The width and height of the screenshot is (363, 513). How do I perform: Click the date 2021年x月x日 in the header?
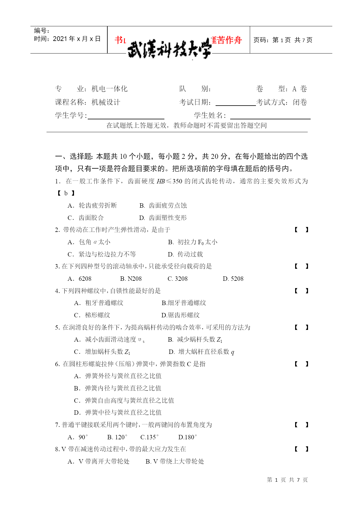tap(77, 39)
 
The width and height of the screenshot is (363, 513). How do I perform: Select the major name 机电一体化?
tap(109, 89)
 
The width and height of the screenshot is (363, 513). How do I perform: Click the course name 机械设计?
tap(106, 102)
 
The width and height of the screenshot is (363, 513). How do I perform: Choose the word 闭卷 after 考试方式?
tap(300, 102)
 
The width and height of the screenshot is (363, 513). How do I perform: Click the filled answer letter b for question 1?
tap(66, 193)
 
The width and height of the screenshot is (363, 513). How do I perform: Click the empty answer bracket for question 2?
tap(301, 230)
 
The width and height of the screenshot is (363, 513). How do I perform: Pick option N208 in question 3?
tap(131, 279)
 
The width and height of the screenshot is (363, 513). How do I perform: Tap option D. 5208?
tap(233, 279)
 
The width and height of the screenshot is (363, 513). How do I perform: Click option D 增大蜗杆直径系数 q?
tap(202, 352)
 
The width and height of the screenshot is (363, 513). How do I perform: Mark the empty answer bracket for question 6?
tap(301, 364)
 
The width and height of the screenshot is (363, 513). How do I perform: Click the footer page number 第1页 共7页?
tap(287, 480)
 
